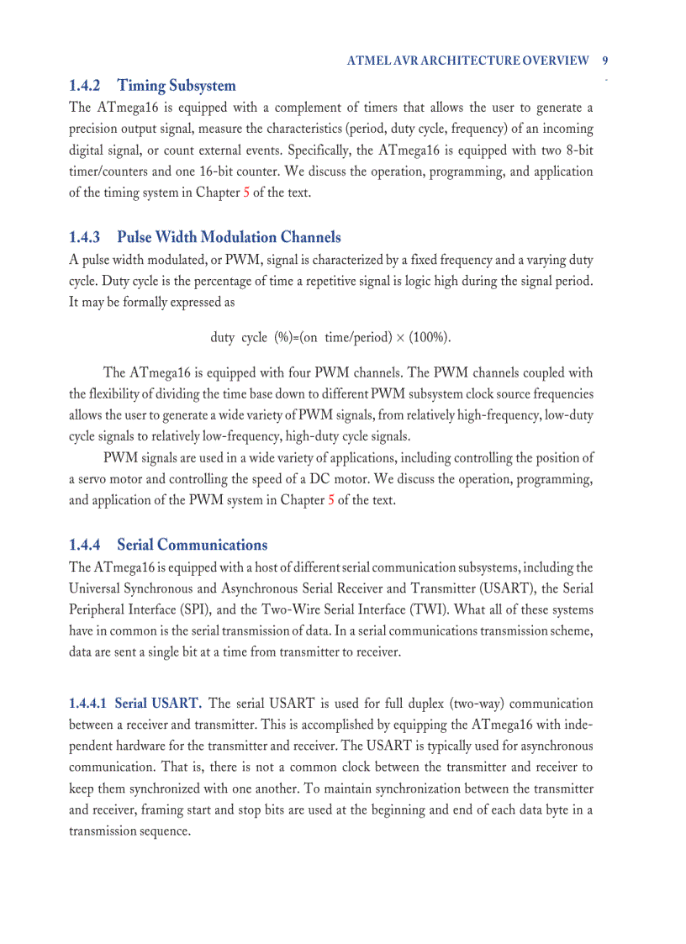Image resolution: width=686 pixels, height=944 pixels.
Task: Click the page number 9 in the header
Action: pos(606,61)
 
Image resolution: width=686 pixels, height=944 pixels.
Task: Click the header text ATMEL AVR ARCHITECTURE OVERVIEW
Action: pos(468,61)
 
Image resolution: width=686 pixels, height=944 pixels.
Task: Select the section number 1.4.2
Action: pos(84,86)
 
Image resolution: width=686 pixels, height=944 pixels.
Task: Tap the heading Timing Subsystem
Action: pos(177,86)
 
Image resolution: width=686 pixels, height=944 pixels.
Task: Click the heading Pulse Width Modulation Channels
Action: pos(229,237)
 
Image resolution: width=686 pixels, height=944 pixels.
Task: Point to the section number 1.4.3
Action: pos(84,237)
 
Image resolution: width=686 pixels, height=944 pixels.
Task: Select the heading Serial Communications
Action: pos(192,545)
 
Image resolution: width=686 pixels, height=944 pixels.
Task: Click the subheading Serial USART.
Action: pos(158,703)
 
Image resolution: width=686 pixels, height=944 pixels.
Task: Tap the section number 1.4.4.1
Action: pos(87,703)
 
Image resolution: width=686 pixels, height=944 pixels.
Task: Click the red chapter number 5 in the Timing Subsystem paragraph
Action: pos(246,192)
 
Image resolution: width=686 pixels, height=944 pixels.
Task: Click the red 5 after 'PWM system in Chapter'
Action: pos(331,500)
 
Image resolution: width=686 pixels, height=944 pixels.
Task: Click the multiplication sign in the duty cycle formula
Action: pos(400,337)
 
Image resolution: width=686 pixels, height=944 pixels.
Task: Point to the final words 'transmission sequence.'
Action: pos(129,831)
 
